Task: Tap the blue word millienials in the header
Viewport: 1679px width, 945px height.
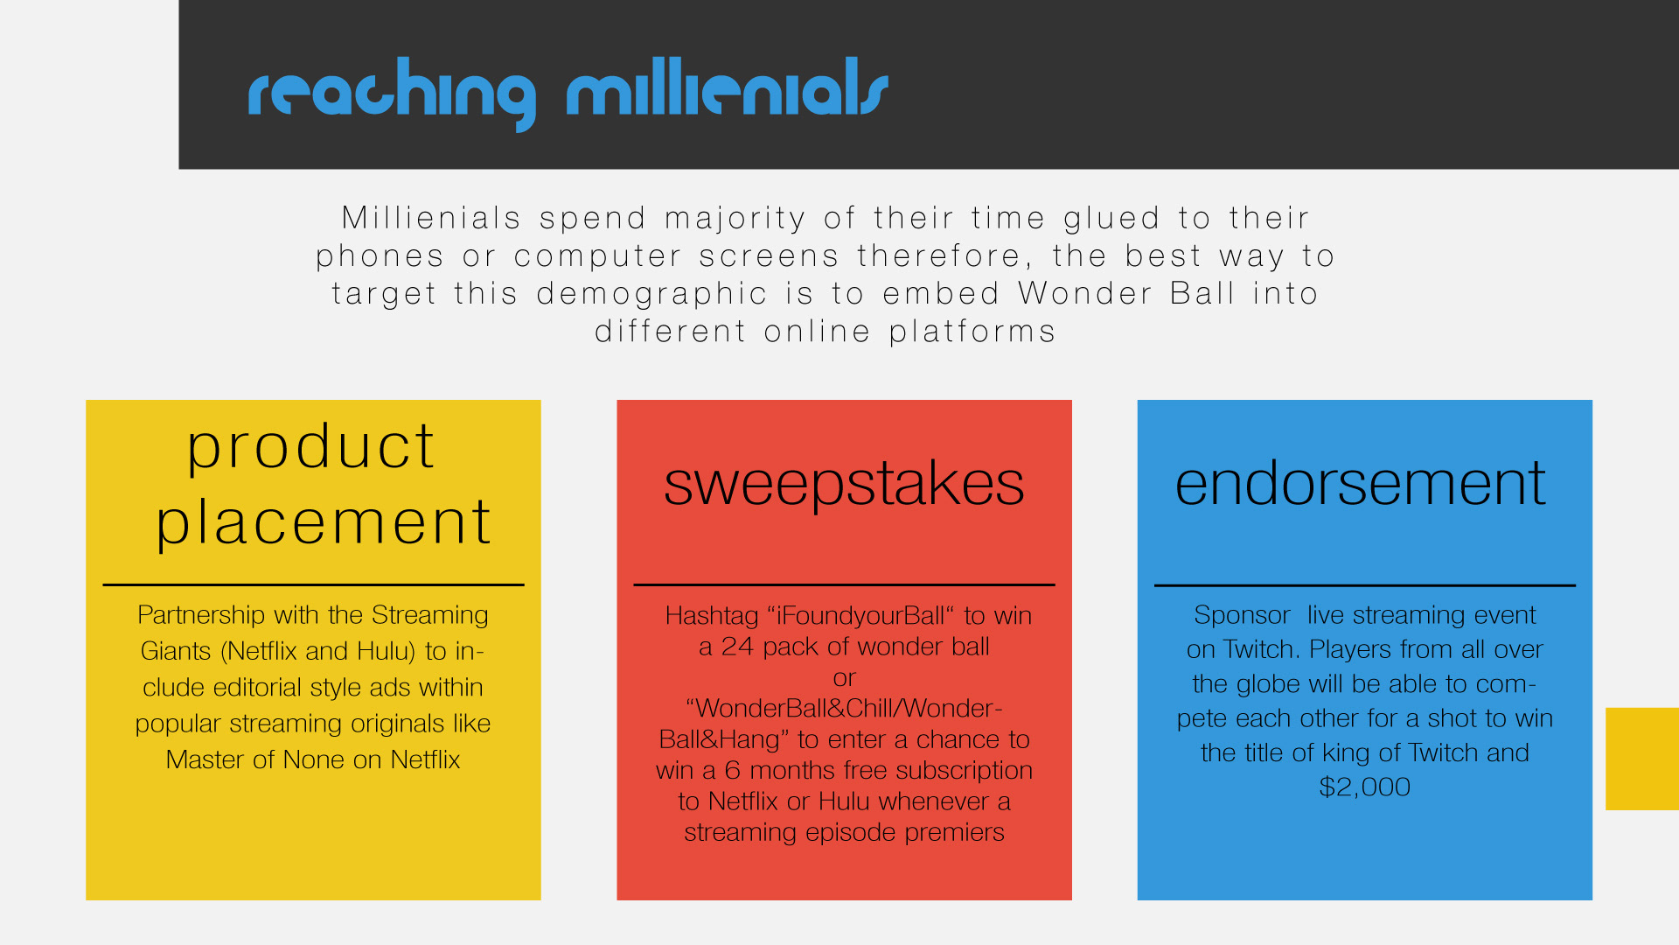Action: coord(728,87)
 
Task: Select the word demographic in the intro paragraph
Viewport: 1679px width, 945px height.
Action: coord(652,295)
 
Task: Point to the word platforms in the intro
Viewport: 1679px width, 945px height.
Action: coord(972,332)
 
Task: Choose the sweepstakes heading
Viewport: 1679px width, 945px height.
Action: coord(844,485)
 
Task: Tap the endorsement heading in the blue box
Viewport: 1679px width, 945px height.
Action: coord(1360,483)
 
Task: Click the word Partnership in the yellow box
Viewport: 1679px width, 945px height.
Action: coord(201,615)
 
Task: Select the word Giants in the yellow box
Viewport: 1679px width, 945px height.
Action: coord(176,651)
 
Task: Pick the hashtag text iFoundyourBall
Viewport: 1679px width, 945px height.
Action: coord(860,616)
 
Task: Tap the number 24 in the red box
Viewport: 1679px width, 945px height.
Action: coord(737,647)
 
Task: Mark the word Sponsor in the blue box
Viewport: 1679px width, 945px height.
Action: coord(1242,615)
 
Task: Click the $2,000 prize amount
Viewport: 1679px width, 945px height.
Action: coord(1364,787)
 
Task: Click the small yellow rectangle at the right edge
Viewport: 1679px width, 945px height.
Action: coord(1642,759)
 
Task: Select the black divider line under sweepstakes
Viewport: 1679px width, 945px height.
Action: coord(844,584)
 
